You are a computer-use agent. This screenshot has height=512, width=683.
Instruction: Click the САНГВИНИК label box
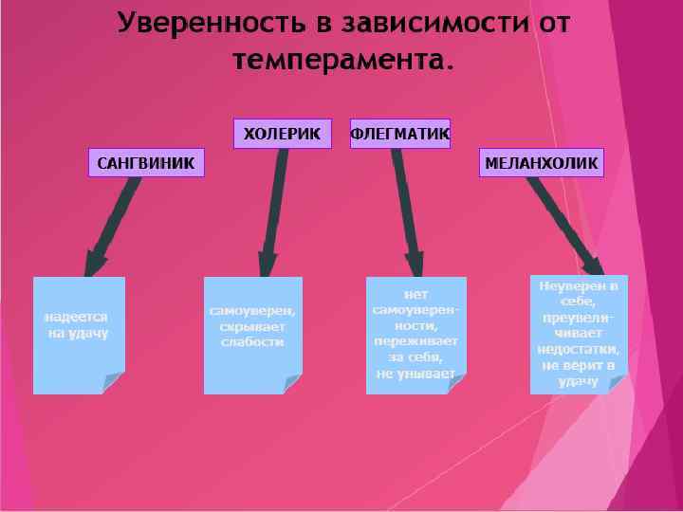(x=146, y=162)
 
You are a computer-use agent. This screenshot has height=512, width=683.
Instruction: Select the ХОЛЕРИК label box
(x=282, y=134)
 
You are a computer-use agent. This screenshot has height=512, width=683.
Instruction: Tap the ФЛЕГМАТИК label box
(x=400, y=134)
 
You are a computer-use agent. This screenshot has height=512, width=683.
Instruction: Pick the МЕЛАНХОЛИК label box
(x=541, y=162)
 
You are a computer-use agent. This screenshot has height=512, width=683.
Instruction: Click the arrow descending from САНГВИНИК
(x=114, y=223)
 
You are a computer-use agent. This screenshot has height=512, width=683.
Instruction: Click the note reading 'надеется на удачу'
(x=79, y=335)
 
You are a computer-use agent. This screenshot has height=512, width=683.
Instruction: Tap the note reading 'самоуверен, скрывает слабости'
(x=252, y=335)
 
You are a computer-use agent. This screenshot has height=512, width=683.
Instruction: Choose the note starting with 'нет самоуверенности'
(x=415, y=335)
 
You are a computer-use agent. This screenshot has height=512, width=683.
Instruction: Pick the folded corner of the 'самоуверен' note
(x=291, y=383)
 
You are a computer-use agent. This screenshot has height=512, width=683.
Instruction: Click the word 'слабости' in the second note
(x=252, y=342)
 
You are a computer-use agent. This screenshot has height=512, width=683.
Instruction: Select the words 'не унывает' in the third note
(x=415, y=375)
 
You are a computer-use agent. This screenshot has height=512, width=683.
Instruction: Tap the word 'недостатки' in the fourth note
(x=578, y=348)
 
